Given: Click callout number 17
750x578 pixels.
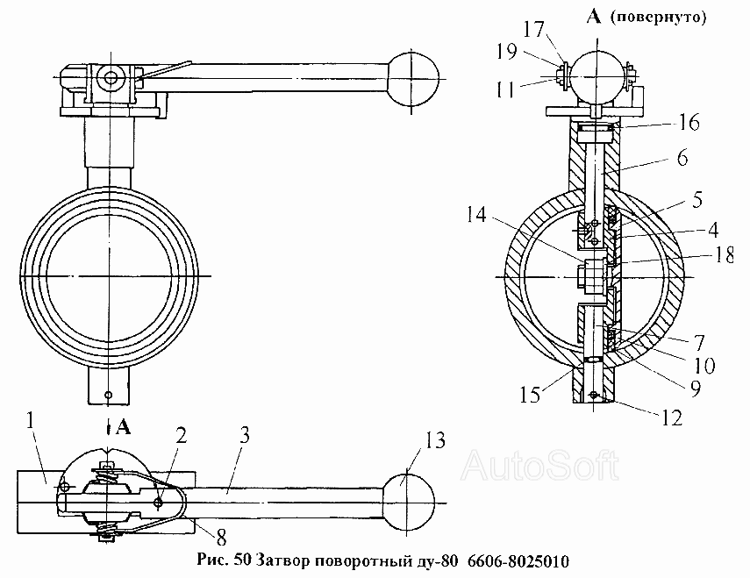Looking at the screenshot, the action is (x=534, y=30).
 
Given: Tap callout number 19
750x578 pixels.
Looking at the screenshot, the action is (x=506, y=51).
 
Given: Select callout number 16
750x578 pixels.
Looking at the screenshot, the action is (x=689, y=123).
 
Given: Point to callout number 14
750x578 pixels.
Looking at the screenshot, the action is (x=476, y=215).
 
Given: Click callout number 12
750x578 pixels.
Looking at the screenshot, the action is (x=671, y=418).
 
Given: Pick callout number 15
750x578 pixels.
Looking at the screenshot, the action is (x=531, y=395).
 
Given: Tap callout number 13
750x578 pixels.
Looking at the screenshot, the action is (x=435, y=439).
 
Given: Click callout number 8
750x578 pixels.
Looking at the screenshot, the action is (x=221, y=538).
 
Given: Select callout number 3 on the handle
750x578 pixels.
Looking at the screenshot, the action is (x=244, y=436).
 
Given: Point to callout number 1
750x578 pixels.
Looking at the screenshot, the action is (x=31, y=421).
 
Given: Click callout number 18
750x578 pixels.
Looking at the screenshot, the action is (x=724, y=255).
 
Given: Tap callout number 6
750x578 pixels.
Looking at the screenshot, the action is (x=682, y=158).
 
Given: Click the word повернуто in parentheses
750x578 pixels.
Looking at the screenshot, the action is (x=658, y=18).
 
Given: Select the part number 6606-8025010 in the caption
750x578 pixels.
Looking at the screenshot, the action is (x=518, y=560).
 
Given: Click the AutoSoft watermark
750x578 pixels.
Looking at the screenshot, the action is (x=539, y=465).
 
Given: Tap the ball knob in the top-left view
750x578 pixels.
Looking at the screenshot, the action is (x=412, y=78).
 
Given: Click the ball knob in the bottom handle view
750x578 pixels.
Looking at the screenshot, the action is (x=409, y=503).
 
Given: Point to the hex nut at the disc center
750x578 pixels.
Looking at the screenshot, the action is (x=593, y=277).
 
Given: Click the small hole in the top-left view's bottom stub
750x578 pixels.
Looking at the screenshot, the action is (x=109, y=395).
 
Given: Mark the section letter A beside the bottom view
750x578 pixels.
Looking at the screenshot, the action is (x=123, y=427).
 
